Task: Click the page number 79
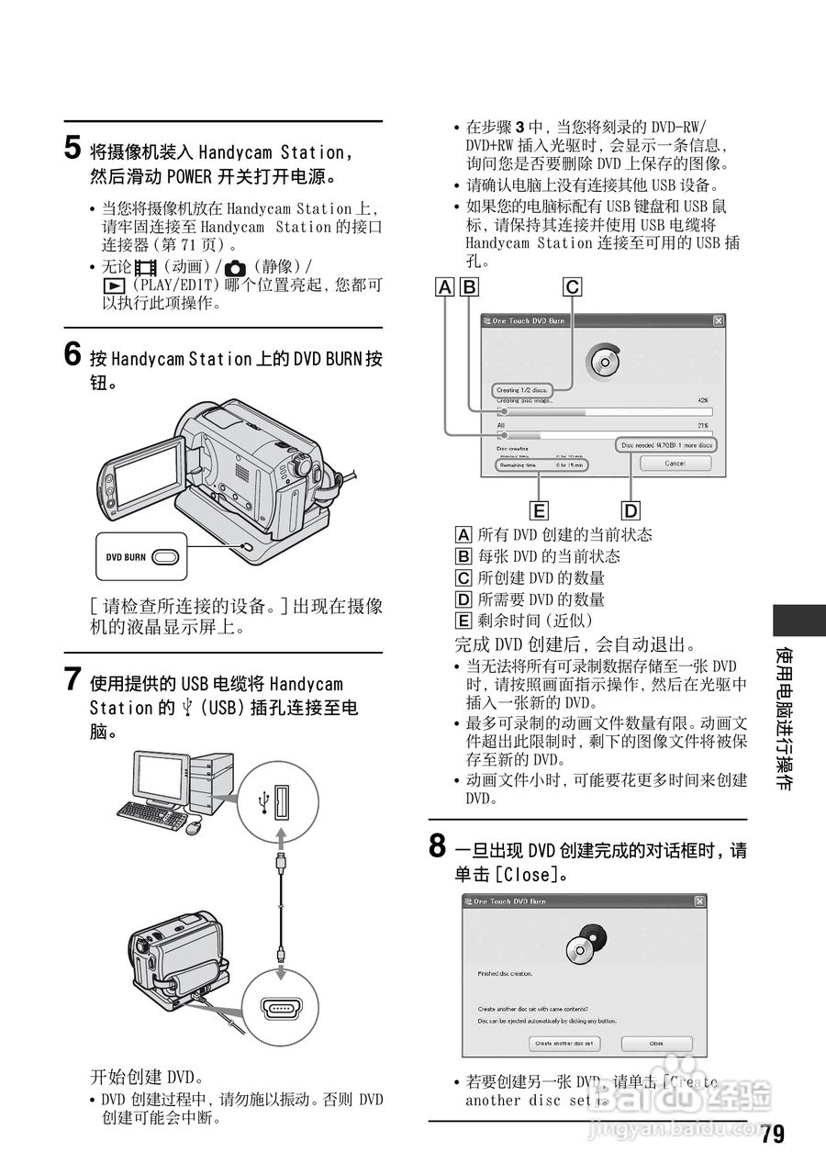(x=773, y=1135)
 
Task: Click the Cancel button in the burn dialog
(x=675, y=464)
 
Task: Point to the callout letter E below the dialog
(x=540, y=510)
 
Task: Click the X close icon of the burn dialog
(x=718, y=320)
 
